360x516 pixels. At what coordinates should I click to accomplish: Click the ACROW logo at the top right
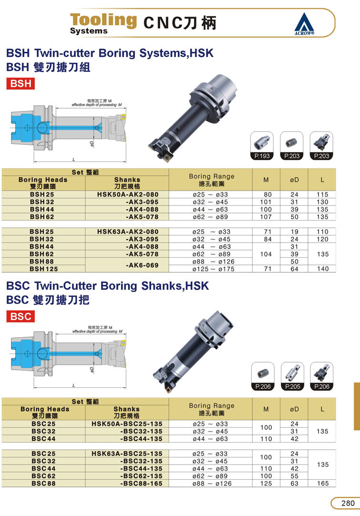coord(304,24)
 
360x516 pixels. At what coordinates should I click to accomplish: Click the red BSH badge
coord(21,83)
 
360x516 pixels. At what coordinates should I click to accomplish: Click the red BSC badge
coord(21,316)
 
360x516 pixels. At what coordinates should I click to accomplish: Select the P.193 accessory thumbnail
coord(262,146)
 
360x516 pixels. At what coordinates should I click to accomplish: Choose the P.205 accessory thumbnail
coord(292,376)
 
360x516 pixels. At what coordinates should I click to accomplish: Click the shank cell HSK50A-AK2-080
coord(127,194)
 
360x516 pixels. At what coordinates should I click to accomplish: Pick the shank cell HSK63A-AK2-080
coord(127,232)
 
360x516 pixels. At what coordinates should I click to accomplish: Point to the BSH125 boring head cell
coord(43,269)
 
